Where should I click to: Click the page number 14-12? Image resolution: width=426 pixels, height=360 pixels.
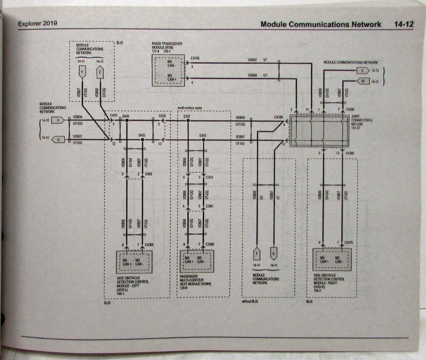[403, 24]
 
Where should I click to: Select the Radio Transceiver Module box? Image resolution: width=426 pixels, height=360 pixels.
[168, 70]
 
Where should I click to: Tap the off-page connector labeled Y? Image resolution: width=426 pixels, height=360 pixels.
[82, 73]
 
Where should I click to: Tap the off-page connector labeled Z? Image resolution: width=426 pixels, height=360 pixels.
[100, 73]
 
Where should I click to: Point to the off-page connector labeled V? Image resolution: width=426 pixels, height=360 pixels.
[58, 120]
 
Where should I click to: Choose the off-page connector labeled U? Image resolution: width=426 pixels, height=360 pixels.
[58, 139]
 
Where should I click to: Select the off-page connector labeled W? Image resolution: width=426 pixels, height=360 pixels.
[362, 81]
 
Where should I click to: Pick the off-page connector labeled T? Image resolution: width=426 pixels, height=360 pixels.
[256, 254]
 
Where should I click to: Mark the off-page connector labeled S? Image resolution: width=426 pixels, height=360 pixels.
[273, 254]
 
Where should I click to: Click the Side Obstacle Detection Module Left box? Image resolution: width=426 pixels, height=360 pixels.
[134, 261]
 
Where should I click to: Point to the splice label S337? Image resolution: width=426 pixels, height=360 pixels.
[187, 116]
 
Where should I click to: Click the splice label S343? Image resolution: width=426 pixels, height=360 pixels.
[203, 135]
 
